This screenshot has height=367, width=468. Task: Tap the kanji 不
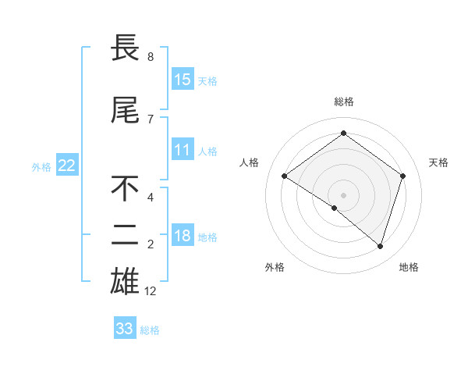(x=126, y=189)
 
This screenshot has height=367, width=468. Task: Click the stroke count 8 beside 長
(x=150, y=57)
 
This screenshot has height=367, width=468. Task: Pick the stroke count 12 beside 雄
(x=151, y=291)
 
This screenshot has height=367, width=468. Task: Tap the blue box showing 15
(x=183, y=79)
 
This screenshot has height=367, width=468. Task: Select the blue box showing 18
(x=183, y=236)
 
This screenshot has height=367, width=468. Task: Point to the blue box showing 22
(x=67, y=165)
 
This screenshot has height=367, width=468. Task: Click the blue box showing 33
(x=125, y=329)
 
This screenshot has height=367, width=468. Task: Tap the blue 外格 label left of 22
(x=41, y=166)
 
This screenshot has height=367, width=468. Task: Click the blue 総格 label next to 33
(x=150, y=330)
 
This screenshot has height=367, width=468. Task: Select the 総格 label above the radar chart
(x=343, y=102)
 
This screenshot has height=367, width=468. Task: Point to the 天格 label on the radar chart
(x=438, y=162)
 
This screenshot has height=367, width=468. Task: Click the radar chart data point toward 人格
(x=285, y=176)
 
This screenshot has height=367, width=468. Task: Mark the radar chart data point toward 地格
(x=380, y=247)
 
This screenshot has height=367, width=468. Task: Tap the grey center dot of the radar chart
(x=343, y=194)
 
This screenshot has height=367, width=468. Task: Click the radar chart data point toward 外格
(x=335, y=208)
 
